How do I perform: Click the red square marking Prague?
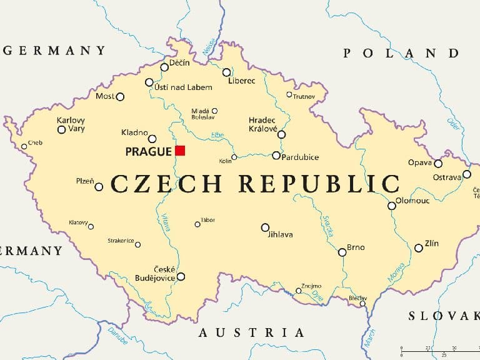click(x=180, y=150)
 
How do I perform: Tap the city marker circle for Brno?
click(x=342, y=252)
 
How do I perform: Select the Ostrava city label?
click(x=447, y=177)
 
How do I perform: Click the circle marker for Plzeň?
click(x=99, y=186)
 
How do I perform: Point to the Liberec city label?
click(x=241, y=81)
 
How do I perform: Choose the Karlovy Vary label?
click(x=71, y=124)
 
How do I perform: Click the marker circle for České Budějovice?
click(x=181, y=276)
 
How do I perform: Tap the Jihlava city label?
click(x=280, y=235)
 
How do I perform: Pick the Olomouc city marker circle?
click(x=391, y=205)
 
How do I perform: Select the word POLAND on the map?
click(x=409, y=53)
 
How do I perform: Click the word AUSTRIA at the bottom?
click(x=251, y=332)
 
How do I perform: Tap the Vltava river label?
click(x=166, y=222)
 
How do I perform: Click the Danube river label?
click(x=117, y=335)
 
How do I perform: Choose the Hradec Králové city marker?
click(x=281, y=134)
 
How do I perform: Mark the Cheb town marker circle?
click(x=24, y=146)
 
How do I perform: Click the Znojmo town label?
click(x=311, y=286)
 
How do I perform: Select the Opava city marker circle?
click(x=438, y=164)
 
